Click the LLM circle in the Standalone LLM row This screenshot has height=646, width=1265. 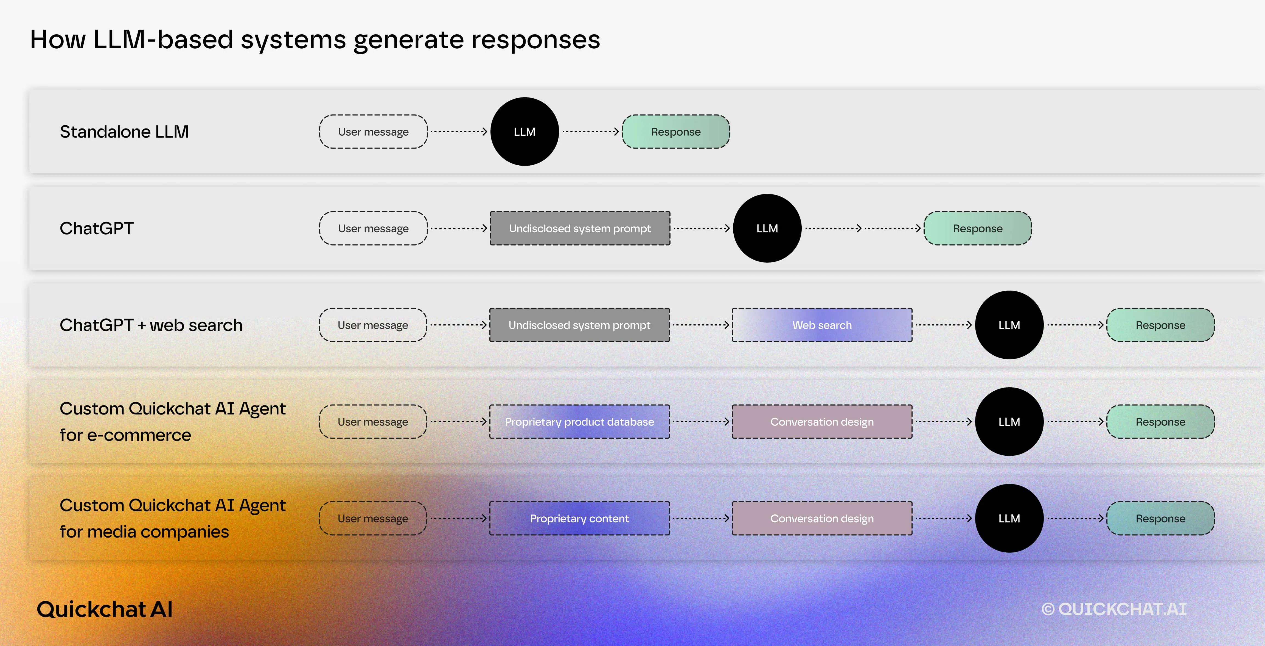click(524, 132)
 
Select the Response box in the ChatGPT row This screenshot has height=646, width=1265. click(977, 229)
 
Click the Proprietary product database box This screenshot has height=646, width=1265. click(579, 422)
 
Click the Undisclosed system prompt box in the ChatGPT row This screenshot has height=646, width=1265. click(580, 229)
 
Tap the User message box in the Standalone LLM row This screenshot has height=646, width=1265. click(373, 132)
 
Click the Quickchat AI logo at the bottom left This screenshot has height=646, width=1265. click(105, 609)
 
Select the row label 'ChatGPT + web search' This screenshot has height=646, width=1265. click(151, 325)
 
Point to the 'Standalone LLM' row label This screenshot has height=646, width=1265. click(124, 132)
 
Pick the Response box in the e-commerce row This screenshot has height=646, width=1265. click(1160, 422)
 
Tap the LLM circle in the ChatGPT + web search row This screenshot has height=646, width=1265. click(1009, 325)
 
